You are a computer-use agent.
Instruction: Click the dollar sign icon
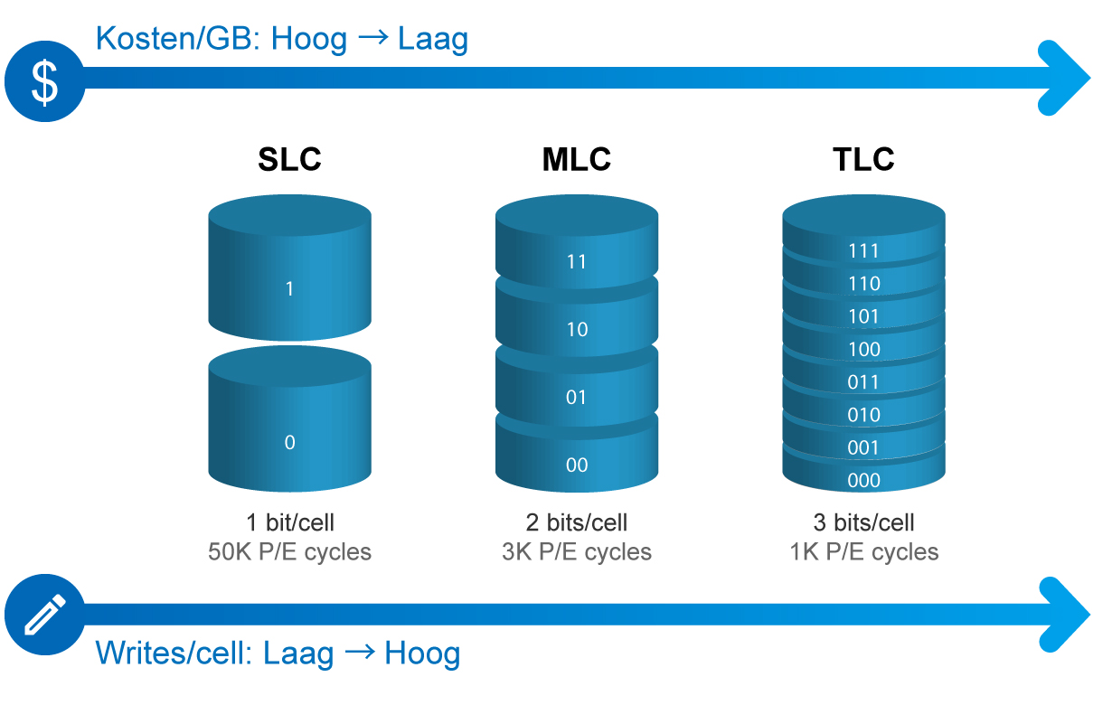(44, 81)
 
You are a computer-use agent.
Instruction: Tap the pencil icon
(44, 615)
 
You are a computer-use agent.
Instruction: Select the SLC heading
(289, 159)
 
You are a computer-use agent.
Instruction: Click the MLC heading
(577, 159)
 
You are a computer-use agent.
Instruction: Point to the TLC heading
(863, 159)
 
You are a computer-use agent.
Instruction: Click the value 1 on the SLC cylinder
(289, 288)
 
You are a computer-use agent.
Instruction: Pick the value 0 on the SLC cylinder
(289, 442)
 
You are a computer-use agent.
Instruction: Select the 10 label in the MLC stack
(577, 329)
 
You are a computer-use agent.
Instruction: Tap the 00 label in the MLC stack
(577, 465)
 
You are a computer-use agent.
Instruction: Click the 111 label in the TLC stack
(863, 250)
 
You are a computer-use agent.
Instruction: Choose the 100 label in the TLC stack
(864, 349)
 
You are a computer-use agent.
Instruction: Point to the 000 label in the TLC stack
(863, 480)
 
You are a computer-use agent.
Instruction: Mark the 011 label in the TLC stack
(863, 381)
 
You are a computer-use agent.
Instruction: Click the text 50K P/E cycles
(289, 551)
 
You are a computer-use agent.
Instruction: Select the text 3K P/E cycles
(577, 551)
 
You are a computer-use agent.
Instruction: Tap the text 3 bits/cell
(863, 522)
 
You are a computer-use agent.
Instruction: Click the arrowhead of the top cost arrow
(1068, 78)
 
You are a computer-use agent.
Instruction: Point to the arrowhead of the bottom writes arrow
(1068, 615)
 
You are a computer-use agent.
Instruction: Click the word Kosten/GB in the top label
(178, 39)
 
